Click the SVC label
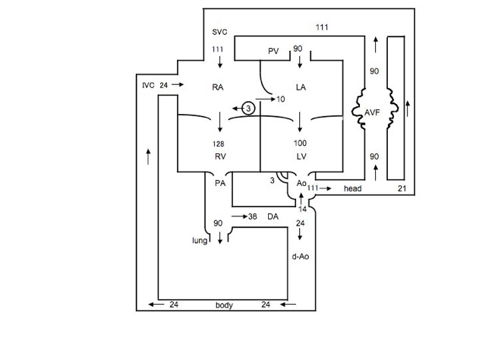point(219,33)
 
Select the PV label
point(274,51)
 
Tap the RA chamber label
point(218,88)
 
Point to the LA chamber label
point(301,88)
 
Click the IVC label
point(148,84)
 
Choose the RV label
point(221,156)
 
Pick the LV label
point(300,156)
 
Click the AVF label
point(373,112)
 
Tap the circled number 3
point(249,109)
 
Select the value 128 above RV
point(219,143)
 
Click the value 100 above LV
point(301,143)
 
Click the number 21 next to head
point(403,188)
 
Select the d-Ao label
point(300,257)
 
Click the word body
point(224,305)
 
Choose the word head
point(353,188)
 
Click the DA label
point(273,216)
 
